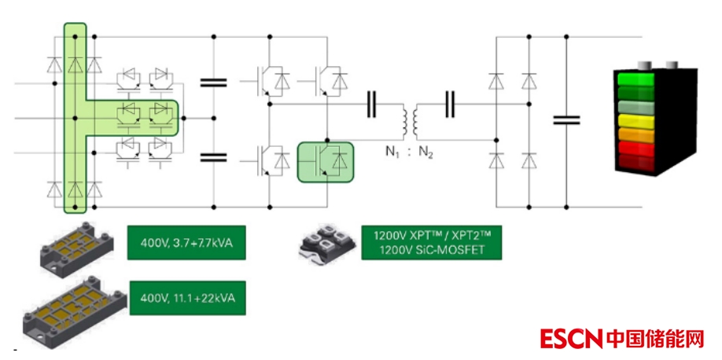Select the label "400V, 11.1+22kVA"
coord(186,299)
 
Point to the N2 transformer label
coord(425,151)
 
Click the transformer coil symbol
coord(410,119)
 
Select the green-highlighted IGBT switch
coord(326,161)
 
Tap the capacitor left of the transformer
coord(371,105)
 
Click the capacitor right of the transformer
coord(450,105)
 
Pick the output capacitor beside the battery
coord(566,119)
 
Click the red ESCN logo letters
coord(572,339)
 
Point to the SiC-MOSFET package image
coord(326,244)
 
